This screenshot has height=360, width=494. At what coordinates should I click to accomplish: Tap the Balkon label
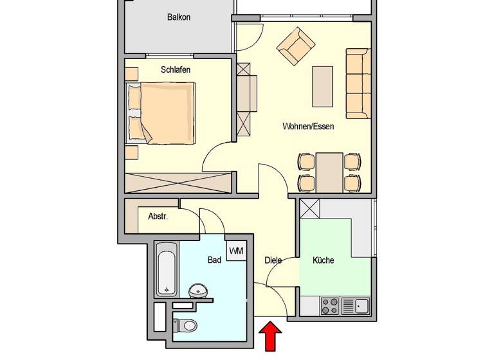pyautogui.click(x=179, y=17)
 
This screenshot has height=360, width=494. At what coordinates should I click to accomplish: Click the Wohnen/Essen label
pyautogui.click(x=308, y=127)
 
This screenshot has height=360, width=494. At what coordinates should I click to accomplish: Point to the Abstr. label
pyautogui.click(x=158, y=217)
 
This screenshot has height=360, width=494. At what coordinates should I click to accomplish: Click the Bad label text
pyautogui.click(x=214, y=260)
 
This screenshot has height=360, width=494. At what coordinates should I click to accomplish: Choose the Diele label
pyautogui.click(x=273, y=260)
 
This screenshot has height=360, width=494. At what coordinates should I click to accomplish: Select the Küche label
pyautogui.click(x=323, y=260)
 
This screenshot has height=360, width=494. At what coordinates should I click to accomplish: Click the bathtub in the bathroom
pyautogui.click(x=167, y=269)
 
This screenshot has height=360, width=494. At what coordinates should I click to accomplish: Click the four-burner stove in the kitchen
pyautogui.click(x=330, y=305)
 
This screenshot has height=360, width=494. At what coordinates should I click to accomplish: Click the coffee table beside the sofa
pyautogui.click(x=324, y=86)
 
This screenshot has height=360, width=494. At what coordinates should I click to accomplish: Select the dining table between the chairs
pyautogui.click(x=329, y=172)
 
